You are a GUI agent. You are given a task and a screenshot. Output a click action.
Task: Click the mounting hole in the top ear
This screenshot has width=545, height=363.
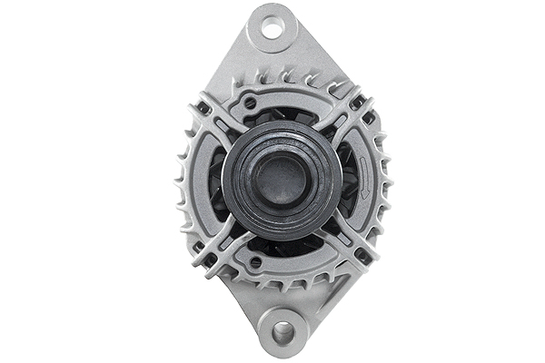tap(272, 28)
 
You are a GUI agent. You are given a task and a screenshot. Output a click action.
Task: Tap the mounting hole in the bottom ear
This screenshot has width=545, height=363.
tap(282, 332)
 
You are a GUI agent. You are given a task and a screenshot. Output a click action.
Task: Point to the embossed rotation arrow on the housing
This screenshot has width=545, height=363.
tap(364, 178)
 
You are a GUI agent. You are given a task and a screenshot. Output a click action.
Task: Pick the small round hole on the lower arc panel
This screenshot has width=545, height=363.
tap(255, 262)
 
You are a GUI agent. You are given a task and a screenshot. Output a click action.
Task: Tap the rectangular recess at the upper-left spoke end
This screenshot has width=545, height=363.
tap(204, 108)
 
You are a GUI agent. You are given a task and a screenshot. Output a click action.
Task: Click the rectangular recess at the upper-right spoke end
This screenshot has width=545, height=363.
tap(368, 117)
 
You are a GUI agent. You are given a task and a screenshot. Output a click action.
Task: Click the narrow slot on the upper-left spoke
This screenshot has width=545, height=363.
tap(227, 128)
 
